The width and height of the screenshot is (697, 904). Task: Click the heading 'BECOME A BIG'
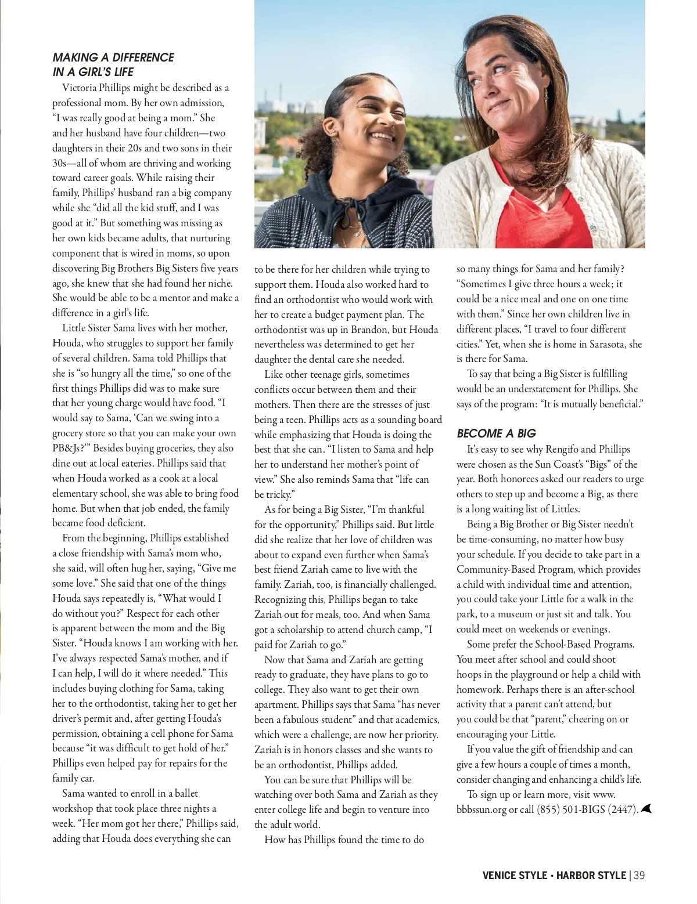coord(496,433)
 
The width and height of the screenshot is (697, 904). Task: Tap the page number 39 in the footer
coord(639,876)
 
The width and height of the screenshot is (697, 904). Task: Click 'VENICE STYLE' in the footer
coord(515,876)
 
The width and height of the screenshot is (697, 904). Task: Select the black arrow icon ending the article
coord(647,808)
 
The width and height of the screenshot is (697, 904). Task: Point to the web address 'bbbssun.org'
coord(482,809)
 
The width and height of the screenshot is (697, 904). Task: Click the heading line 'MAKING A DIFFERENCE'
coord(113,57)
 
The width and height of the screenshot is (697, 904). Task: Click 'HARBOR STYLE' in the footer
coord(591,876)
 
